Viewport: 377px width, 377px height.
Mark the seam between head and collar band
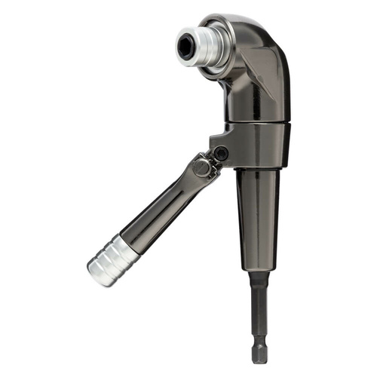click(256, 121)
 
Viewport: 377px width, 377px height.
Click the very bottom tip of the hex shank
click(259, 360)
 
